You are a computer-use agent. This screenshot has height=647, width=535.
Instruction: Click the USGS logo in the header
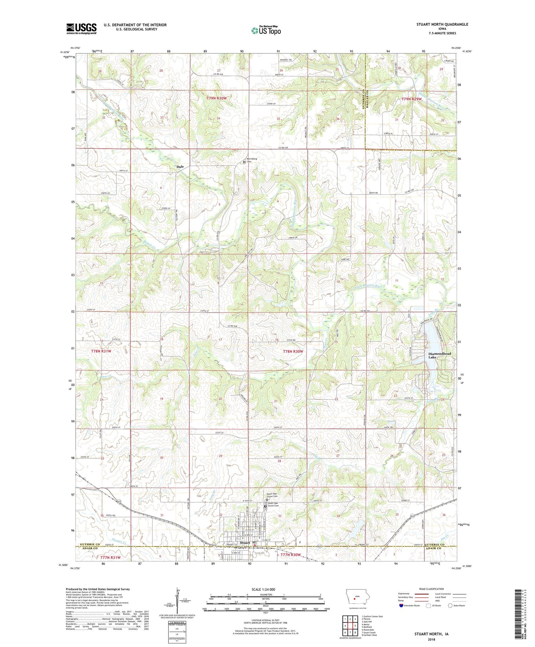click(x=81, y=29)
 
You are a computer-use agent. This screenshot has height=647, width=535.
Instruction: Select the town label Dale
click(x=180, y=167)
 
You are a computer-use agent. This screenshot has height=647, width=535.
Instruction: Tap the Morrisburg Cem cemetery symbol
click(x=244, y=162)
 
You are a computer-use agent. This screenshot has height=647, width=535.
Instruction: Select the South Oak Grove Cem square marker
click(x=265, y=506)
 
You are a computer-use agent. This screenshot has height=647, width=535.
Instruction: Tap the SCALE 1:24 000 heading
click(x=265, y=589)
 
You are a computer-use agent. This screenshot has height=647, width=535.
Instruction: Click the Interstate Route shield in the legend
click(x=402, y=606)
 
